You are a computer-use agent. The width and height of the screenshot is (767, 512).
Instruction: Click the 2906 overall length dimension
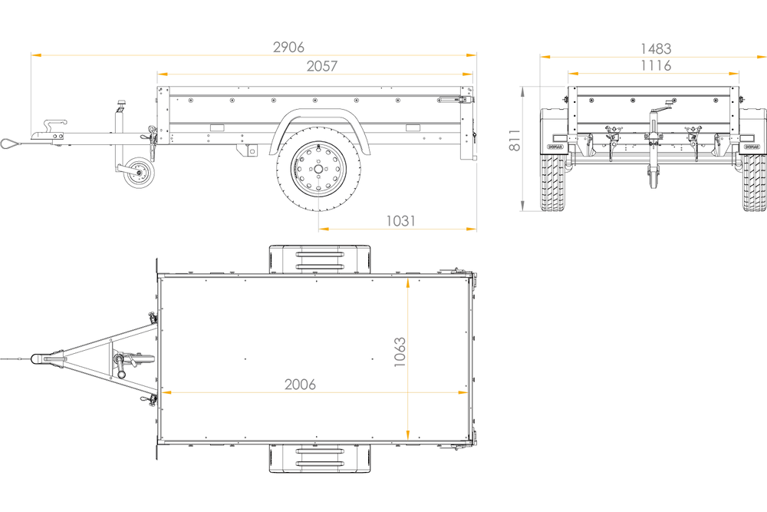[x=288, y=47]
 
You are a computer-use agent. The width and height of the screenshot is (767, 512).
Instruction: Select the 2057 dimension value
[x=322, y=65]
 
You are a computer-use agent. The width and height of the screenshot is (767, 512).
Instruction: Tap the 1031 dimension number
[x=400, y=221]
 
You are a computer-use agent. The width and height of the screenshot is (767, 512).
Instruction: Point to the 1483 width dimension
[x=656, y=48]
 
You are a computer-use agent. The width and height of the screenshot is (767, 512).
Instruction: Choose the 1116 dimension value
[x=656, y=65]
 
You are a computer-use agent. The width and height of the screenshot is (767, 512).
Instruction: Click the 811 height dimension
[x=515, y=140]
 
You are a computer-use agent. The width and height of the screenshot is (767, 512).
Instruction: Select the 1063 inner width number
[x=400, y=352]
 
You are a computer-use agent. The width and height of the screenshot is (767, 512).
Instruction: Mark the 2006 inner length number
[x=300, y=385]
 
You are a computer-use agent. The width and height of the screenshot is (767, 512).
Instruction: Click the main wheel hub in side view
[x=318, y=169]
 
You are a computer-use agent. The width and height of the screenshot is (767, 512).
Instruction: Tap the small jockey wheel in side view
[x=138, y=172]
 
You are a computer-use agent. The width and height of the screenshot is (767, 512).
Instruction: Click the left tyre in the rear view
[x=553, y=183]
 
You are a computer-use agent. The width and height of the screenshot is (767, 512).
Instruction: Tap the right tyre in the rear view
[x=754, y=183]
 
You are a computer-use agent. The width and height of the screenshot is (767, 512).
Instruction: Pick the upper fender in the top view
[x=320, y=259]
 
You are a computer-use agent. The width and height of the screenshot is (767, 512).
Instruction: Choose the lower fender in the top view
[x=320, y=458]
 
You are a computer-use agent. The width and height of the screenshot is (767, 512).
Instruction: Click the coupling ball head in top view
[x=37, y=358]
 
